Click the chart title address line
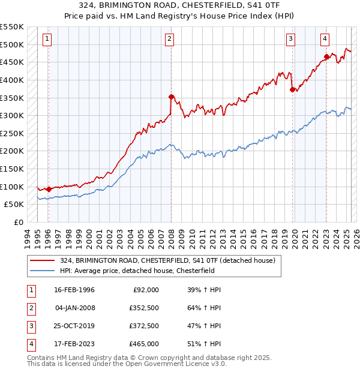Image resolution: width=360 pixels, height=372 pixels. tap(179, 6)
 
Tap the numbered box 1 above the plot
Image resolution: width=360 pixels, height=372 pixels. tap(47, 40)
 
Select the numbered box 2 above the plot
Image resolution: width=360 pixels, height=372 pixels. tap(170, 40)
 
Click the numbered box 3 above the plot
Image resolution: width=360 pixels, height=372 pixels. tap(290, 40)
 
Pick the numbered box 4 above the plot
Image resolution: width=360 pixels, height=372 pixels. tap(325, 40)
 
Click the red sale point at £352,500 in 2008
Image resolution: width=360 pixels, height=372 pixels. tap(171, 97)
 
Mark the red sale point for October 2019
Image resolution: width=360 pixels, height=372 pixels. tap(293, 89)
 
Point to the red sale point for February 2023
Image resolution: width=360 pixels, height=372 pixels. tap(327, 57)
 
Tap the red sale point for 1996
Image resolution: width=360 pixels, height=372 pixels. tap(49, 189)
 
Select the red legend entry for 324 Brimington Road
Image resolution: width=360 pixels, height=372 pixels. tap(167, 260)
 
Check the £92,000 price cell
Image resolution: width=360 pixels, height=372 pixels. tap(145, 290)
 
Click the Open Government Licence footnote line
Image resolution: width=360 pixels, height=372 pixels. tap(127, 364)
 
